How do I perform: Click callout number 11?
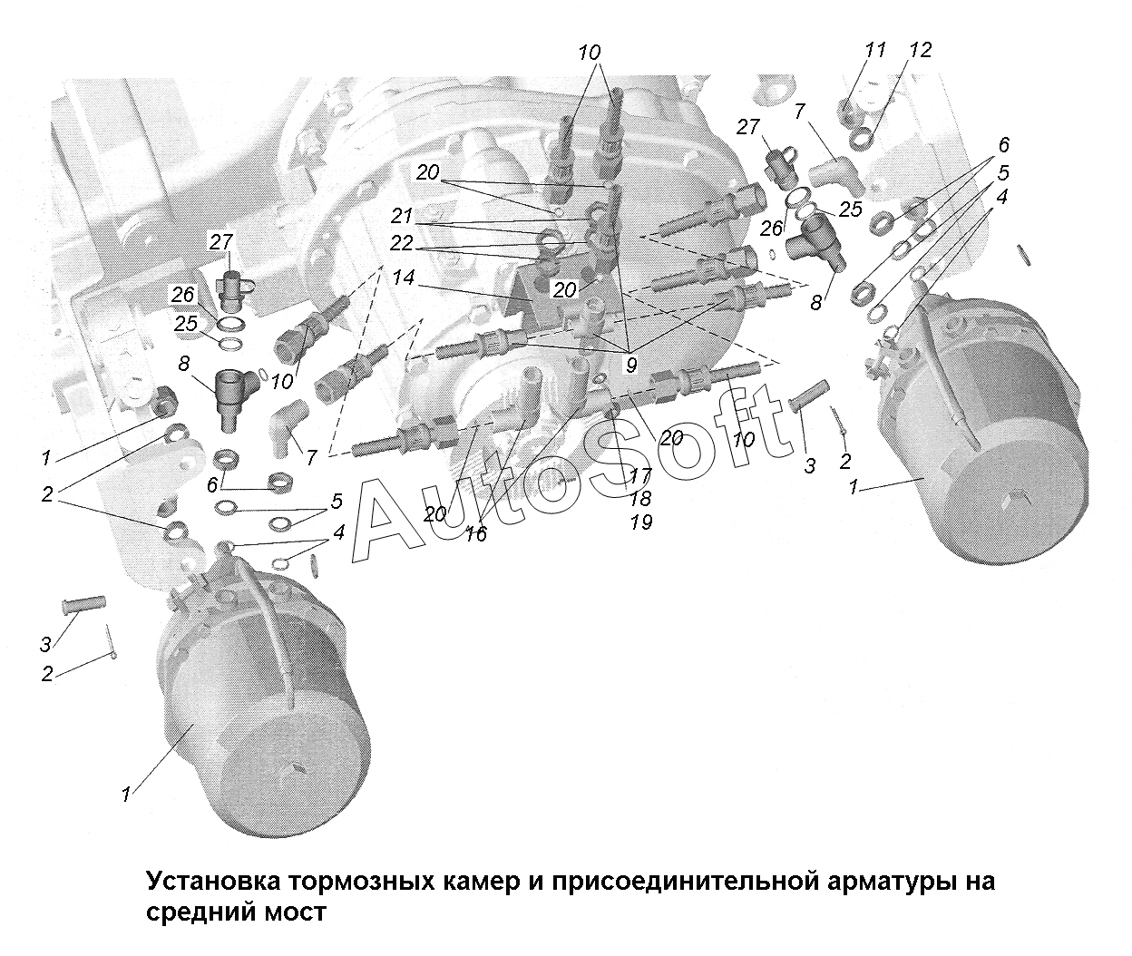[874, 50]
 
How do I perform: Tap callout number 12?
[919, 51]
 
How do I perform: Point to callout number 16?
[475, 534]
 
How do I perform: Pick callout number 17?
[640, 475]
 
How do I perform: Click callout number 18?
[640, 499]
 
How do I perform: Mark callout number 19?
[640, 522]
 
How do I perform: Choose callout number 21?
[402, 217]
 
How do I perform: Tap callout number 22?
[402, 244]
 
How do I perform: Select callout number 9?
[630, 365]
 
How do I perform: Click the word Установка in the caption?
[212, 882]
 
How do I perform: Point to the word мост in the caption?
[294, 912]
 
